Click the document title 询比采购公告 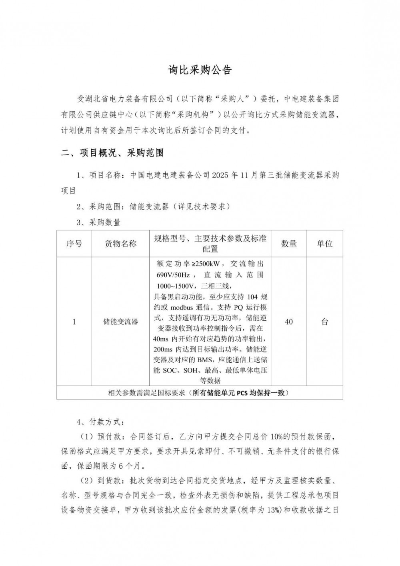[x=200, y=70]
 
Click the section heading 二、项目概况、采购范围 [x=112, y=153]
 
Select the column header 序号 [x=74, y=243]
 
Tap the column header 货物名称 [x=120, y=243]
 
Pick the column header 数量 [x=288, y=243]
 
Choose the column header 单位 [x=324, y=243]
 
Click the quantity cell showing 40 [x=288, y=322]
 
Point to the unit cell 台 [x=324, y=322]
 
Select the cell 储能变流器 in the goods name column [x=120, y=322]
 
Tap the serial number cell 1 [x=74, y=322]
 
